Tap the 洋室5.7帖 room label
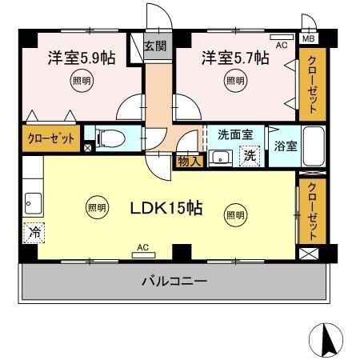[226, 58]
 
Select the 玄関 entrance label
[155, 46]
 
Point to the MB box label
[309, 38]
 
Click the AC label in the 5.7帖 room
[282, 46]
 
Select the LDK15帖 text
[166, 210]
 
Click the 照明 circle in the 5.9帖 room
[81, 81]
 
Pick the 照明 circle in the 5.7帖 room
[235, 81]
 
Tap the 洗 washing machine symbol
[250, 155]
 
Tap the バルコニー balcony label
[175, 282]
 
